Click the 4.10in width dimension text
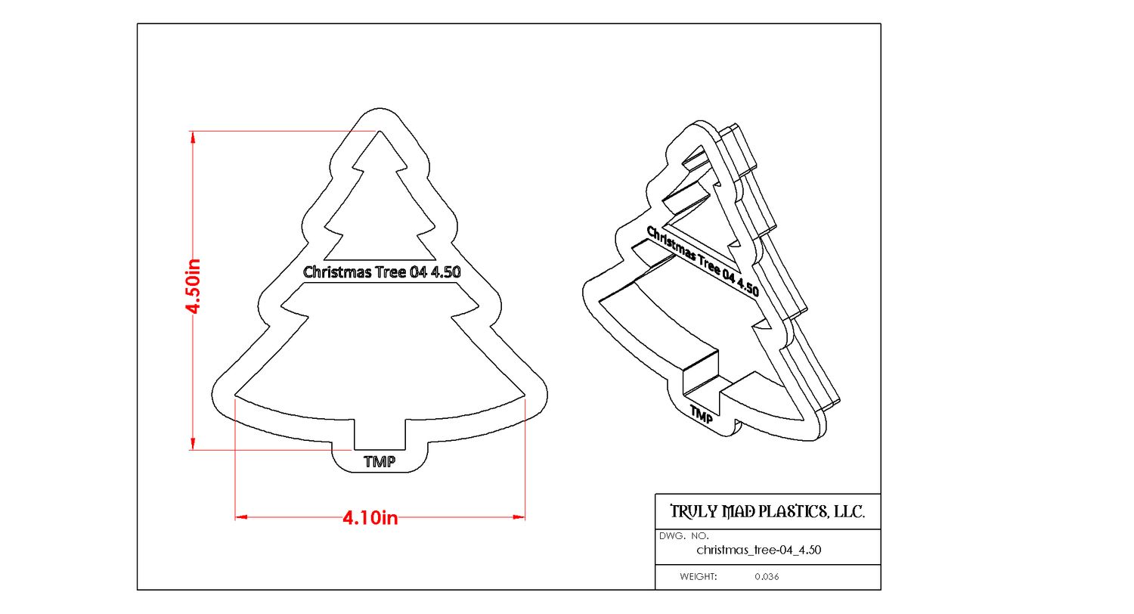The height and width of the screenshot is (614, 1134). pyautogui.click(x=370, y=518)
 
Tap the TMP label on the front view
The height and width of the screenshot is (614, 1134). pyautogui.click(x=380, y=462)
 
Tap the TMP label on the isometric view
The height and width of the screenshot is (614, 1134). pyautogui.click(x=702, y=415)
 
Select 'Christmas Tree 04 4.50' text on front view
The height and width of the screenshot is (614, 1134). pyautogui.click(x=382, y=272)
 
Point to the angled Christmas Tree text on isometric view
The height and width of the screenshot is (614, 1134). pyautogui.click(x=702, y=260)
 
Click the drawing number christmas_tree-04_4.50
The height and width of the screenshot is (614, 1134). pyautogui.click(x=758, y=550)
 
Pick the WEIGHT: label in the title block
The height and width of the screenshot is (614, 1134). pyautogui.click(x=698, y=577)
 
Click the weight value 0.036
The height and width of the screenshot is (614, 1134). pyautogui.click(x=767, y=577)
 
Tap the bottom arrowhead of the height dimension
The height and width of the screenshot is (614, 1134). pyautogui.click(x=194, y=445)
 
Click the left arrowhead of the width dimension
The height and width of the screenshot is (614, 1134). pyautogui.click(x=241, y=517)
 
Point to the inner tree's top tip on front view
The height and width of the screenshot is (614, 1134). pyautogui.click(x=379, y=133)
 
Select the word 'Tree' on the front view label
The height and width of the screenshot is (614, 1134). pyautogui.click(x=391, y=272)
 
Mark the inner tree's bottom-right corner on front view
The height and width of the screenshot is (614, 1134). pyautogui.click(x=524, y=395)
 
